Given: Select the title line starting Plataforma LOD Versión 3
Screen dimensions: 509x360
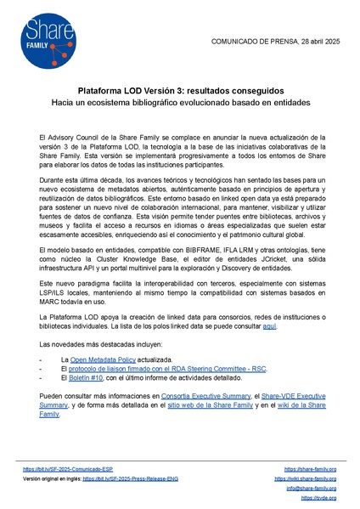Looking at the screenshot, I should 180,90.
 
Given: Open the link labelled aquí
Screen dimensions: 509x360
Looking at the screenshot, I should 269,303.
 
